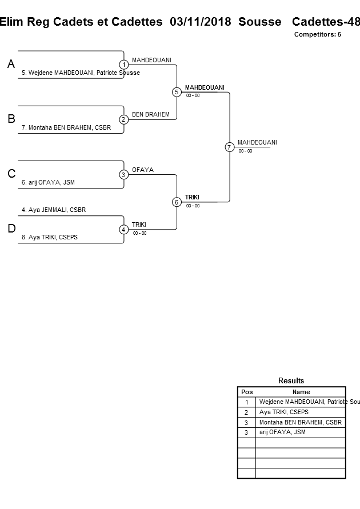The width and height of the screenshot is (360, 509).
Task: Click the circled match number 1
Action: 123,65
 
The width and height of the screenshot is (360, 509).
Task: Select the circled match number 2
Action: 123,119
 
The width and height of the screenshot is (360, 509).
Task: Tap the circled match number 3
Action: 123,175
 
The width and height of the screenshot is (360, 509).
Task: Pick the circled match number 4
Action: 123,230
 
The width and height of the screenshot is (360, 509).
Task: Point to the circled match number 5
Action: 177,92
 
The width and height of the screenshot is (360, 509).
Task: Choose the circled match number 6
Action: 177,202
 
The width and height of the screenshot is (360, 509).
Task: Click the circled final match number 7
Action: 229,147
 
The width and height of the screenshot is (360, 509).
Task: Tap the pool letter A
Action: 11,65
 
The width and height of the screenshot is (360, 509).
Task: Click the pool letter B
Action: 11,119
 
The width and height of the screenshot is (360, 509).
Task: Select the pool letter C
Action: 11,175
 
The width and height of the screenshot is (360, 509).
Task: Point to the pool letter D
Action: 11,230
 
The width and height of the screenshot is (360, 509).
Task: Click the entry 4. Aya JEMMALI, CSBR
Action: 54,210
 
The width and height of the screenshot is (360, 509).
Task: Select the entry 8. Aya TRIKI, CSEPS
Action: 53,238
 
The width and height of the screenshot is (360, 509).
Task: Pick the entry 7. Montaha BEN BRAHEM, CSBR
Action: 66,128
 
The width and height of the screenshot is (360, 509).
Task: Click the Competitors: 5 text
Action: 317,35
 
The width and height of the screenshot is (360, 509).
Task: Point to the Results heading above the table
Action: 291,380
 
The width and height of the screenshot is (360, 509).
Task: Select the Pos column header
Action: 246,392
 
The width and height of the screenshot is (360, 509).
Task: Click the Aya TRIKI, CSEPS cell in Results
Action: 283,412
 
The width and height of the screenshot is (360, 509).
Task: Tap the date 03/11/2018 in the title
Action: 201,22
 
